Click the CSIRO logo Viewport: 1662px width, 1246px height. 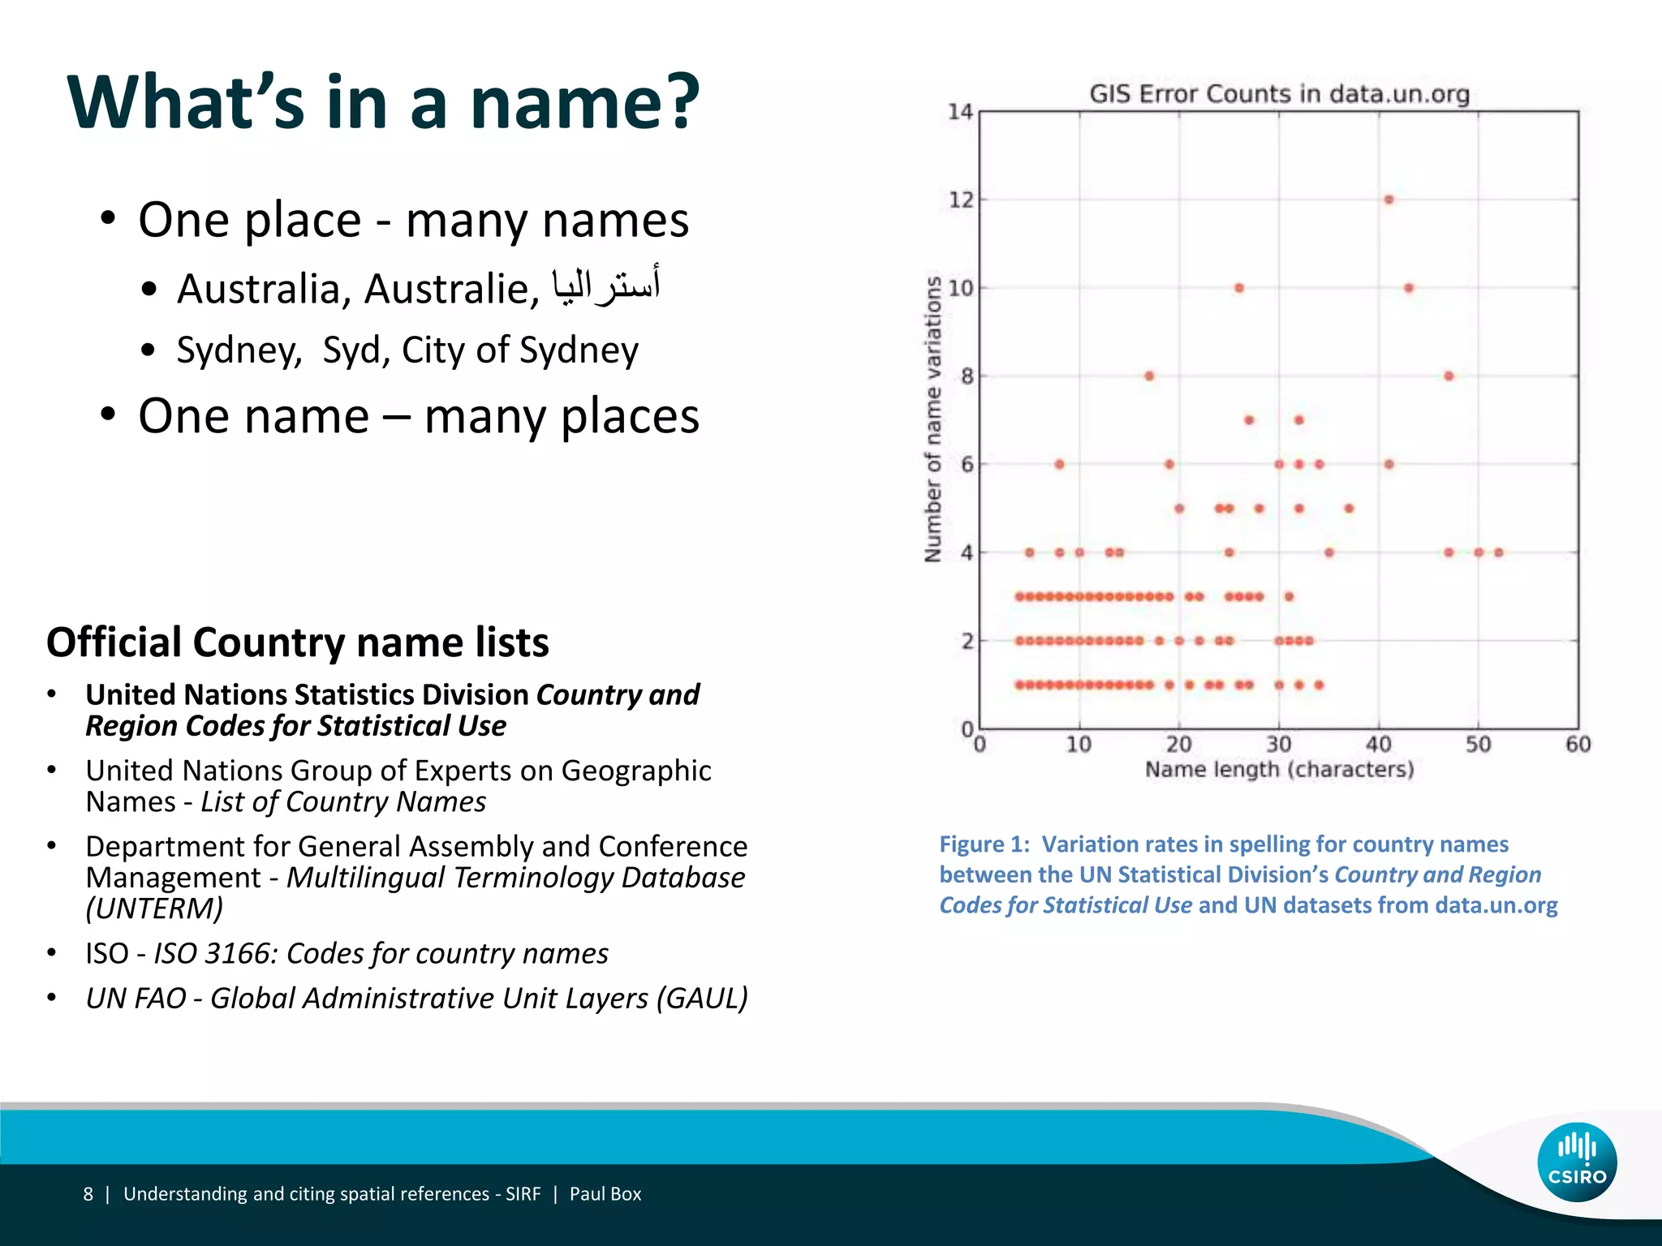point(1576,1162)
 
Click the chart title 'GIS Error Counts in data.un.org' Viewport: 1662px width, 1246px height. point(1279,94)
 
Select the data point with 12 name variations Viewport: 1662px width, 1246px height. point(1389,200)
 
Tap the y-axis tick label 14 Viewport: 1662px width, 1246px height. point(960,112)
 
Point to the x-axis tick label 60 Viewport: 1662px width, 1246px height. point(1578,744)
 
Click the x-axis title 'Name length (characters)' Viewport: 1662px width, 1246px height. point(1279,769)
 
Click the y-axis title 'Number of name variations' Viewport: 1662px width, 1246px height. point(933,419)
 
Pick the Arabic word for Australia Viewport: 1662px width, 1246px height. point(605,286)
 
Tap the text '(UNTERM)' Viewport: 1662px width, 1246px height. point(154,909)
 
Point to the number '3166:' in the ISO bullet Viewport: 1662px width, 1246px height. point(239,953)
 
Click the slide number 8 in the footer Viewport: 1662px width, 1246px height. point(88,1194)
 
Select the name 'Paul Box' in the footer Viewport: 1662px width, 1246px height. point(605,1194)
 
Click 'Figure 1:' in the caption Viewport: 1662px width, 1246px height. point(984,844)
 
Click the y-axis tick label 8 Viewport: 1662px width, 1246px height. point(967,376)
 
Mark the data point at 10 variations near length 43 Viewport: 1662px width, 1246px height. point(1409,288)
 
